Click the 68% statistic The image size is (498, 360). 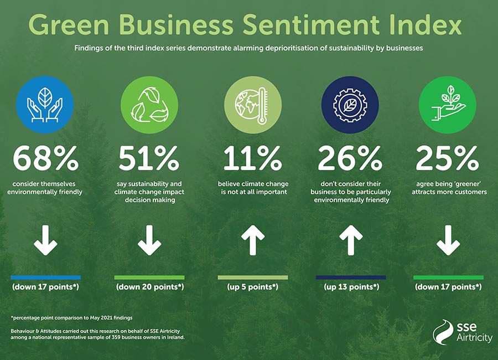[46, 158]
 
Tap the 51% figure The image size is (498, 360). [149, 158]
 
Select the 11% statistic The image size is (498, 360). [252, 158]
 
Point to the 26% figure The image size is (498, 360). [350, 158]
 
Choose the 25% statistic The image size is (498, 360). [449, 158]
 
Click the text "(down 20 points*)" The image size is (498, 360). [149, 287]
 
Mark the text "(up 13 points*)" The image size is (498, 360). [351, 287]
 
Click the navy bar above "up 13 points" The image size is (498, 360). [351, 277]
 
